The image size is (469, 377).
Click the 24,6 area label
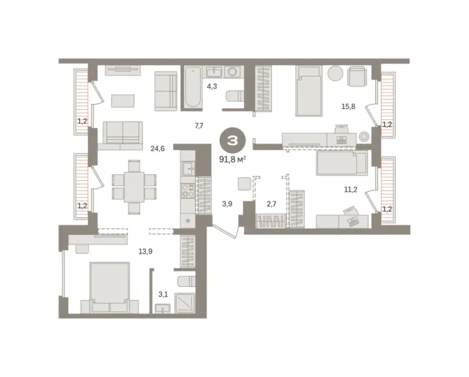point(158,149)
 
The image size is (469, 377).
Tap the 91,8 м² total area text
point(233,160)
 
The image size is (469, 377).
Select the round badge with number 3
point(233,141)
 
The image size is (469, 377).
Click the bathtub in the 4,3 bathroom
point(192,87)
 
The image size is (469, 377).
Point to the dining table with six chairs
point(134,187)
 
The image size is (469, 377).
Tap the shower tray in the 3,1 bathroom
point(185,303)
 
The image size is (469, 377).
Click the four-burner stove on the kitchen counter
point(188,190)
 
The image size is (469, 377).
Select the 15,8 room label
point(348,106)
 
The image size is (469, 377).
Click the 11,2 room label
point(350,190)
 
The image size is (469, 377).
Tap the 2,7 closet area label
point(271,204)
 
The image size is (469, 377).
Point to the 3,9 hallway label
point(227,204)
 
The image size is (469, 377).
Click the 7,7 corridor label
point(199,126)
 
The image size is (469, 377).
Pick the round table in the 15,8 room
point(336,73)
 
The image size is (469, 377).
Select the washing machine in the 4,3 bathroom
point(232,72)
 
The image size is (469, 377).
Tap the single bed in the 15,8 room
point(309,91)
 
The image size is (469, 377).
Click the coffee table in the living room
point(123,101)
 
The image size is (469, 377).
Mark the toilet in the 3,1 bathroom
point(186,282)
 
